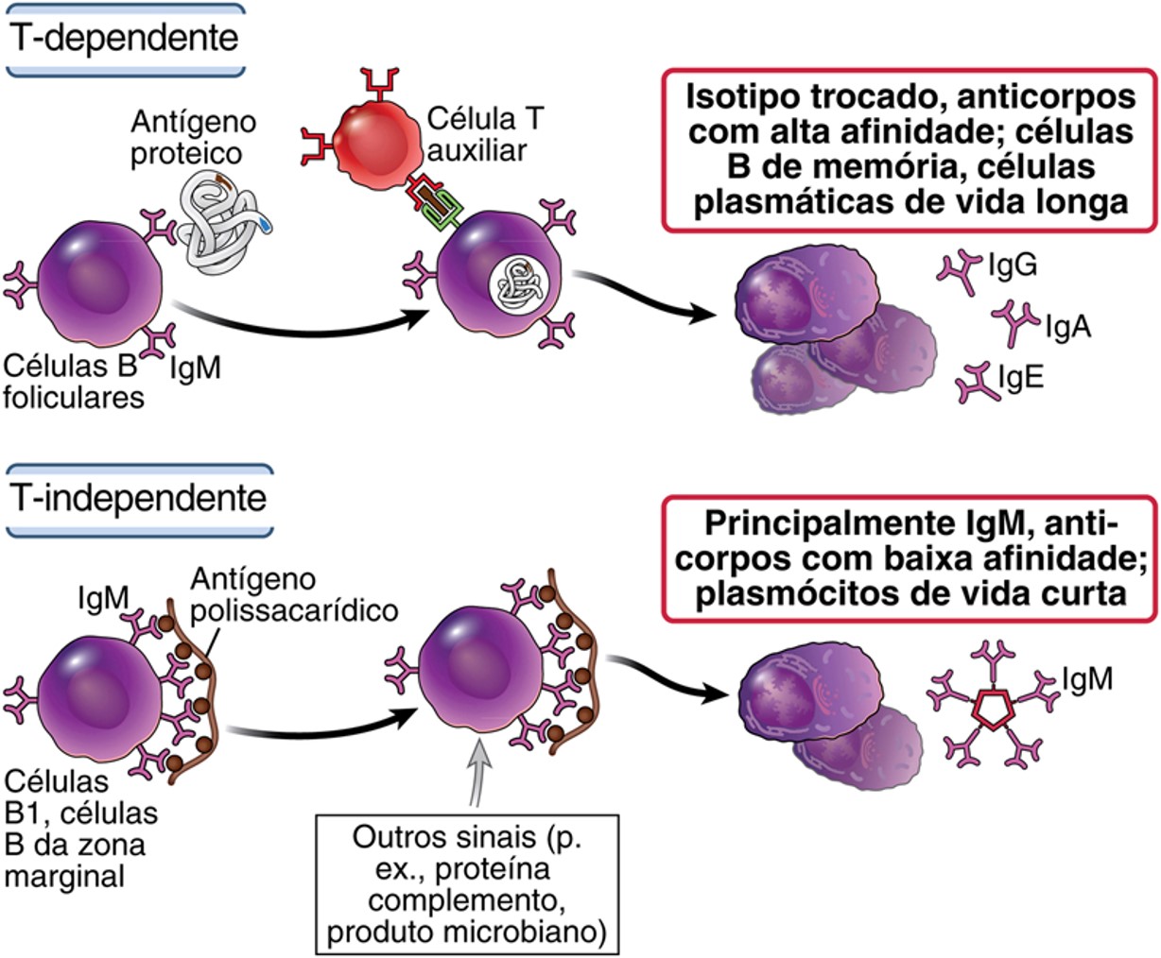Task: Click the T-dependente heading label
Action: click(125, 39)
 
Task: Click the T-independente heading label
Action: click(138, 498)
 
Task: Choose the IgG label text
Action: click(1013, 265)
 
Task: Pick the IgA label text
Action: click(1068, 327)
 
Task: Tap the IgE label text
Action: click(1021, 377)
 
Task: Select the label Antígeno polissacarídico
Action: click(293, 593)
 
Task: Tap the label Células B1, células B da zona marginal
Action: click(78, 829)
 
